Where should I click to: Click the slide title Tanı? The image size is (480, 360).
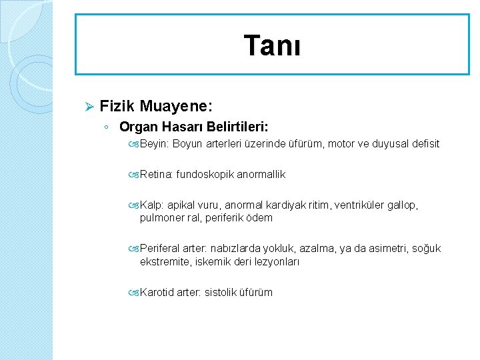click(x=272, y=46)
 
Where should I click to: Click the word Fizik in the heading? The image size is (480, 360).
click(x=117, y=106)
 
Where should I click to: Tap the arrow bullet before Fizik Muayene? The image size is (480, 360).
click(x=88, y=107)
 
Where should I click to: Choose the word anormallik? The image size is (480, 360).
click(x=262, y=174)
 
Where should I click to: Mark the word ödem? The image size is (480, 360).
click(x=259, y=218)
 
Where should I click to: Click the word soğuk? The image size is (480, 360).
click(x=426, y=249)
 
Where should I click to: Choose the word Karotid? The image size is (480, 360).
click(x=157, y=292)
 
